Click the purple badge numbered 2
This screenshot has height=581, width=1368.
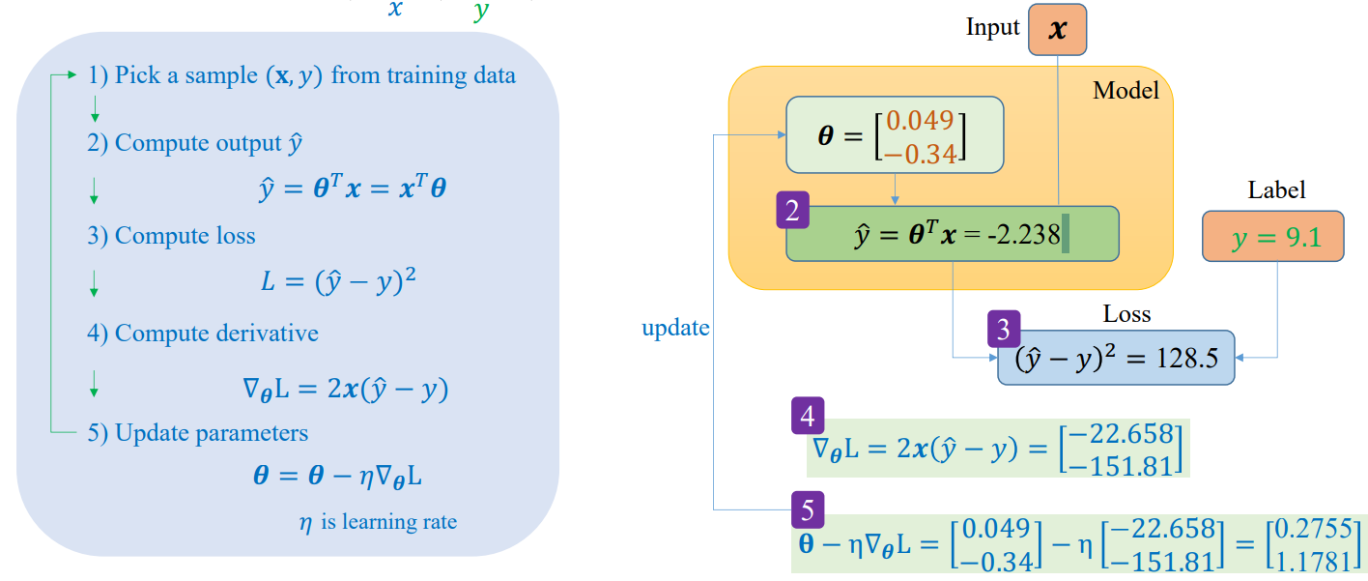792,212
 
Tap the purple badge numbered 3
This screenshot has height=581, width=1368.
1004,329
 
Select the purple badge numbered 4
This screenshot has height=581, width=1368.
807,417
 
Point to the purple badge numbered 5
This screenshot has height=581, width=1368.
807,508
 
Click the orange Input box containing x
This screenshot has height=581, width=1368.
1058,30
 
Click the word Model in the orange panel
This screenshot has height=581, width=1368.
1126,91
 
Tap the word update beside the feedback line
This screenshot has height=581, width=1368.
675,328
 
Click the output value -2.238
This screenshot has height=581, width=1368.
1023,235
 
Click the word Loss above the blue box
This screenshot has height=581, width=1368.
1126,314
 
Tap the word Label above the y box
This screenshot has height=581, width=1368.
1276,189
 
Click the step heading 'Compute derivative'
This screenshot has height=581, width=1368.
216,334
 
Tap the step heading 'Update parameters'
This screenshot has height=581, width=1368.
211,432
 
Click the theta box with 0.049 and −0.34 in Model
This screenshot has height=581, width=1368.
894,135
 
